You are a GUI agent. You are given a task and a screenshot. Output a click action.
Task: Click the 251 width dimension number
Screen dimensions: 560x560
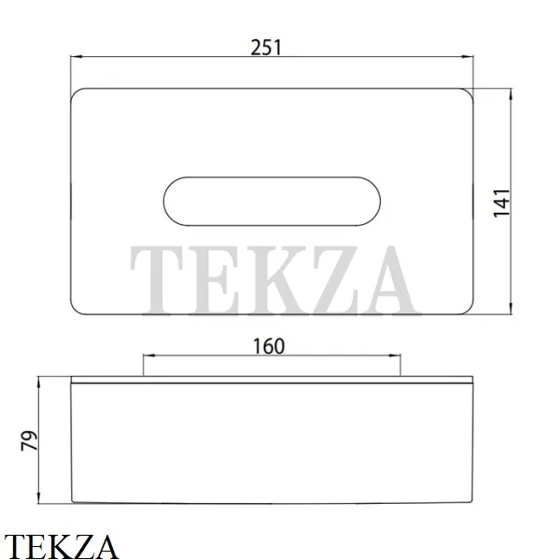pyautogui.click(x=266, y=48)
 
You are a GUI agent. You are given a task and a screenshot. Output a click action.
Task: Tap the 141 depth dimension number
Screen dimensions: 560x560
pyautogui.click(x=501, y=203)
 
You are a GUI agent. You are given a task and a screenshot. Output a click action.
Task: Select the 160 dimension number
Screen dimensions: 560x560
pyautogui.click(x=269, y=346)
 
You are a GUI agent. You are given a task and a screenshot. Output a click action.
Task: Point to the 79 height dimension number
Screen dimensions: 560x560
pyautogui.click(x=29, y=441)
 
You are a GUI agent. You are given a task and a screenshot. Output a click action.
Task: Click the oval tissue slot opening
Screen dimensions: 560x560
pyautogui.click(x=272, y=202)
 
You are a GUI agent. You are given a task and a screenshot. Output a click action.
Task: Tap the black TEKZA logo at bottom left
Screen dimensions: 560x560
pyautogui.click(x=61, y=546)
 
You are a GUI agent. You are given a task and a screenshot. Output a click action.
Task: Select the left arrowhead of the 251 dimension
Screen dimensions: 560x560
pyautogui.click(x=77, y=56)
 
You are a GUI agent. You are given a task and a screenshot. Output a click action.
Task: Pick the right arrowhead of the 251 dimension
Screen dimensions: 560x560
pyautogui.click(x=468, y=56)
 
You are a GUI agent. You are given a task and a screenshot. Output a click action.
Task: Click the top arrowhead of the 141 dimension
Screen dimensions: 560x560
pyautogui.click(x=511, y=94)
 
